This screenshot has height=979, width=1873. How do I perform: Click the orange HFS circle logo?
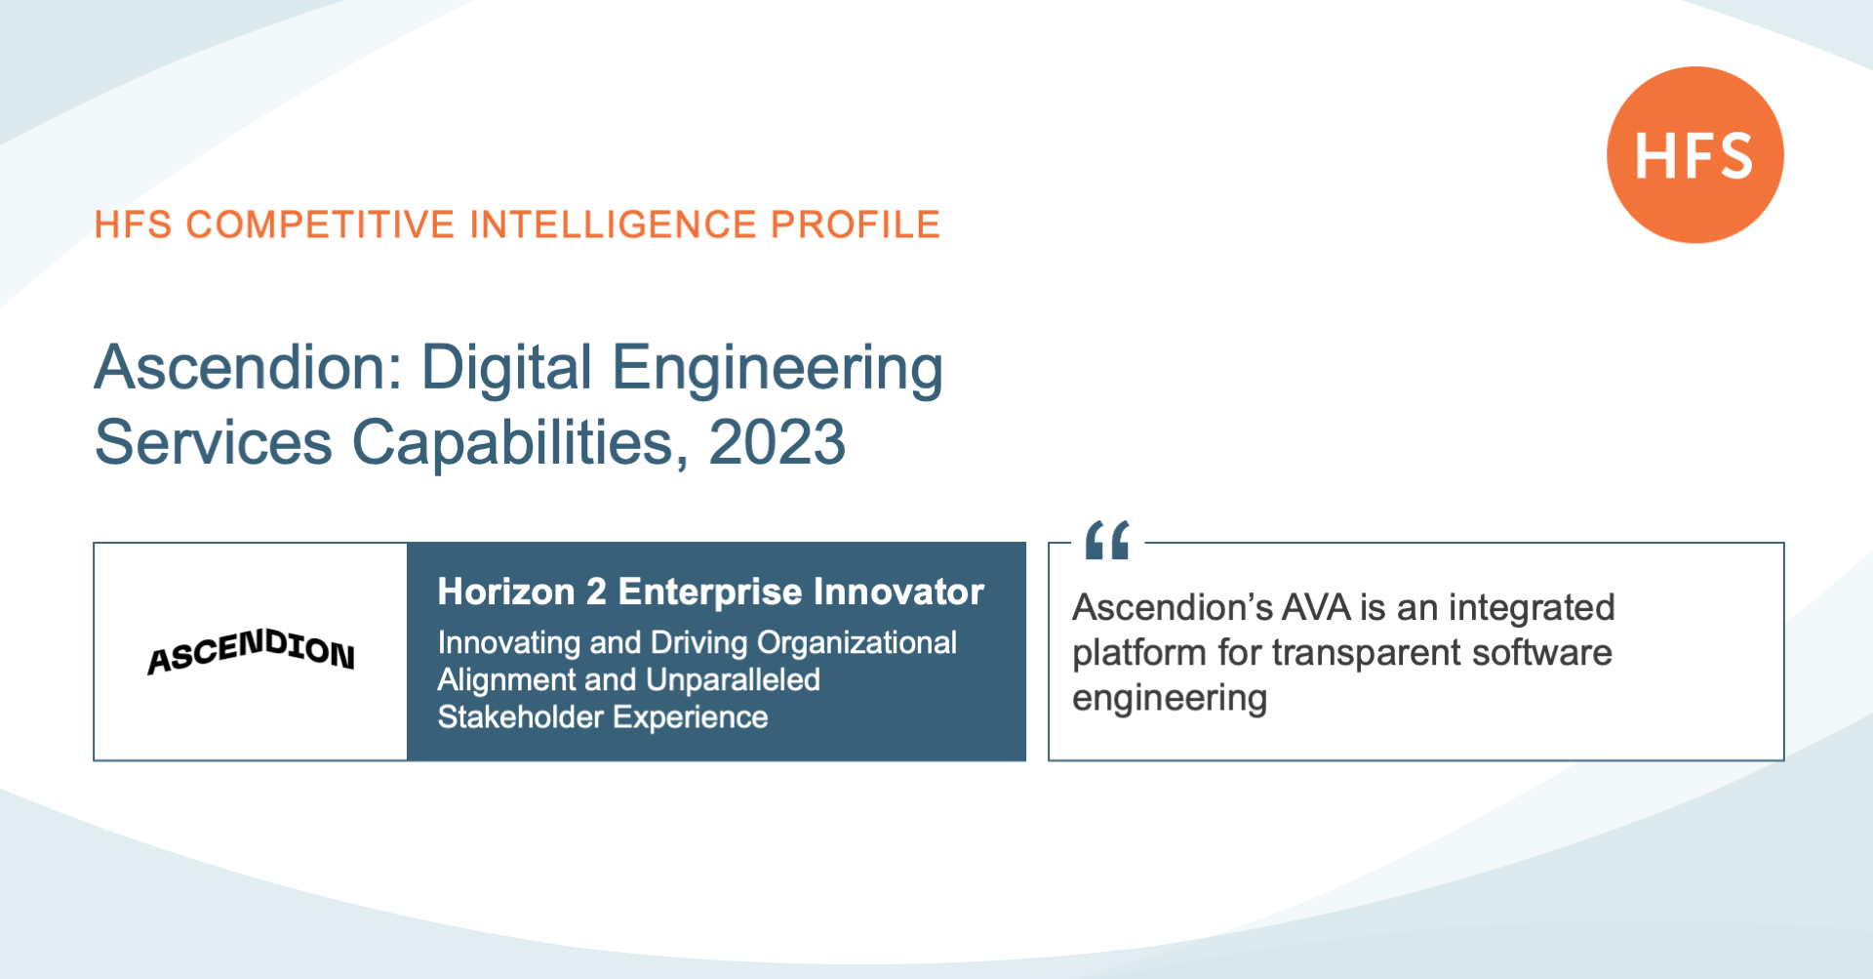click(1695, 154)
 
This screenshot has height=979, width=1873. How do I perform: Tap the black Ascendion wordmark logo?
click(251, 651)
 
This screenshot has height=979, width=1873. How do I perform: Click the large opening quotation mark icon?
click(1107, 540)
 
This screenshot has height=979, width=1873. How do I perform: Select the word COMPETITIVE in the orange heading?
click(321, 224)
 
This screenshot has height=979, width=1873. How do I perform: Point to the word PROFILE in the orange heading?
click(856, 224)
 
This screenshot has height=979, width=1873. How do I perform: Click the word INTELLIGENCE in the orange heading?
click(613, 224)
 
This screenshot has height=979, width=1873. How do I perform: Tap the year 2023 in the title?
click(777, 442)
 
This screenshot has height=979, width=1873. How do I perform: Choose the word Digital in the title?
click(506, 369)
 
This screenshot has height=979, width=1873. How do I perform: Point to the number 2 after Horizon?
click(596, 591)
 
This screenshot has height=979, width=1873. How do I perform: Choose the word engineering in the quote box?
click(1170, 699)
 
